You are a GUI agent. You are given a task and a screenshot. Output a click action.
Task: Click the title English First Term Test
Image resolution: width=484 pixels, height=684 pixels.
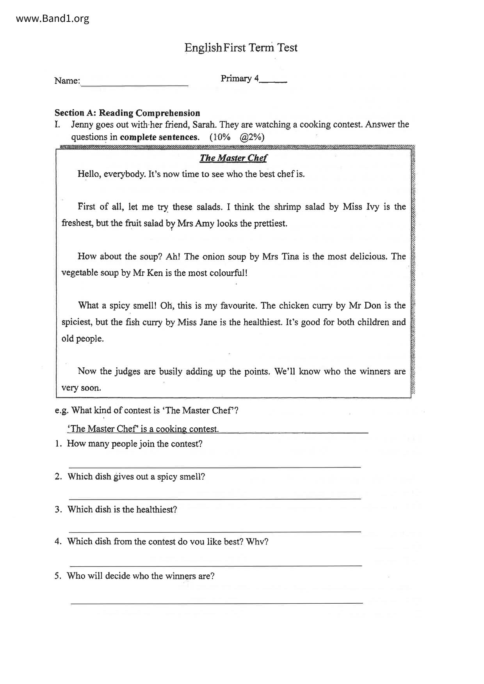point(241,48)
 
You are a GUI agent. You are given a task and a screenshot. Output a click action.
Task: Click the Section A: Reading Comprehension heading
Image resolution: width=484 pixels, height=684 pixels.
point(127,113)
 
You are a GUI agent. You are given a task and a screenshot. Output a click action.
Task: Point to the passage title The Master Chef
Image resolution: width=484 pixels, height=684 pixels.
point(233,158)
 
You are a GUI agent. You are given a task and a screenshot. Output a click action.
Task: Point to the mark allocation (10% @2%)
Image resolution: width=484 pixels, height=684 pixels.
point(237,137)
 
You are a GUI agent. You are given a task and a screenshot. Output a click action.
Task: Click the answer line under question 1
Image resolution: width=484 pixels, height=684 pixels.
point(215,466)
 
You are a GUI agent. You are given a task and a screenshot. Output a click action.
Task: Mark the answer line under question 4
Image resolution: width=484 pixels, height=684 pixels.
point(215,565)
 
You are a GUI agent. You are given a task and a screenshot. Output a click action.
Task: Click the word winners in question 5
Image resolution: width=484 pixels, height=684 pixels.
point(180,576)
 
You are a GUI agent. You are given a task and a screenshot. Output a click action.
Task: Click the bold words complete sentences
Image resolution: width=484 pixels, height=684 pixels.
point(159,137)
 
